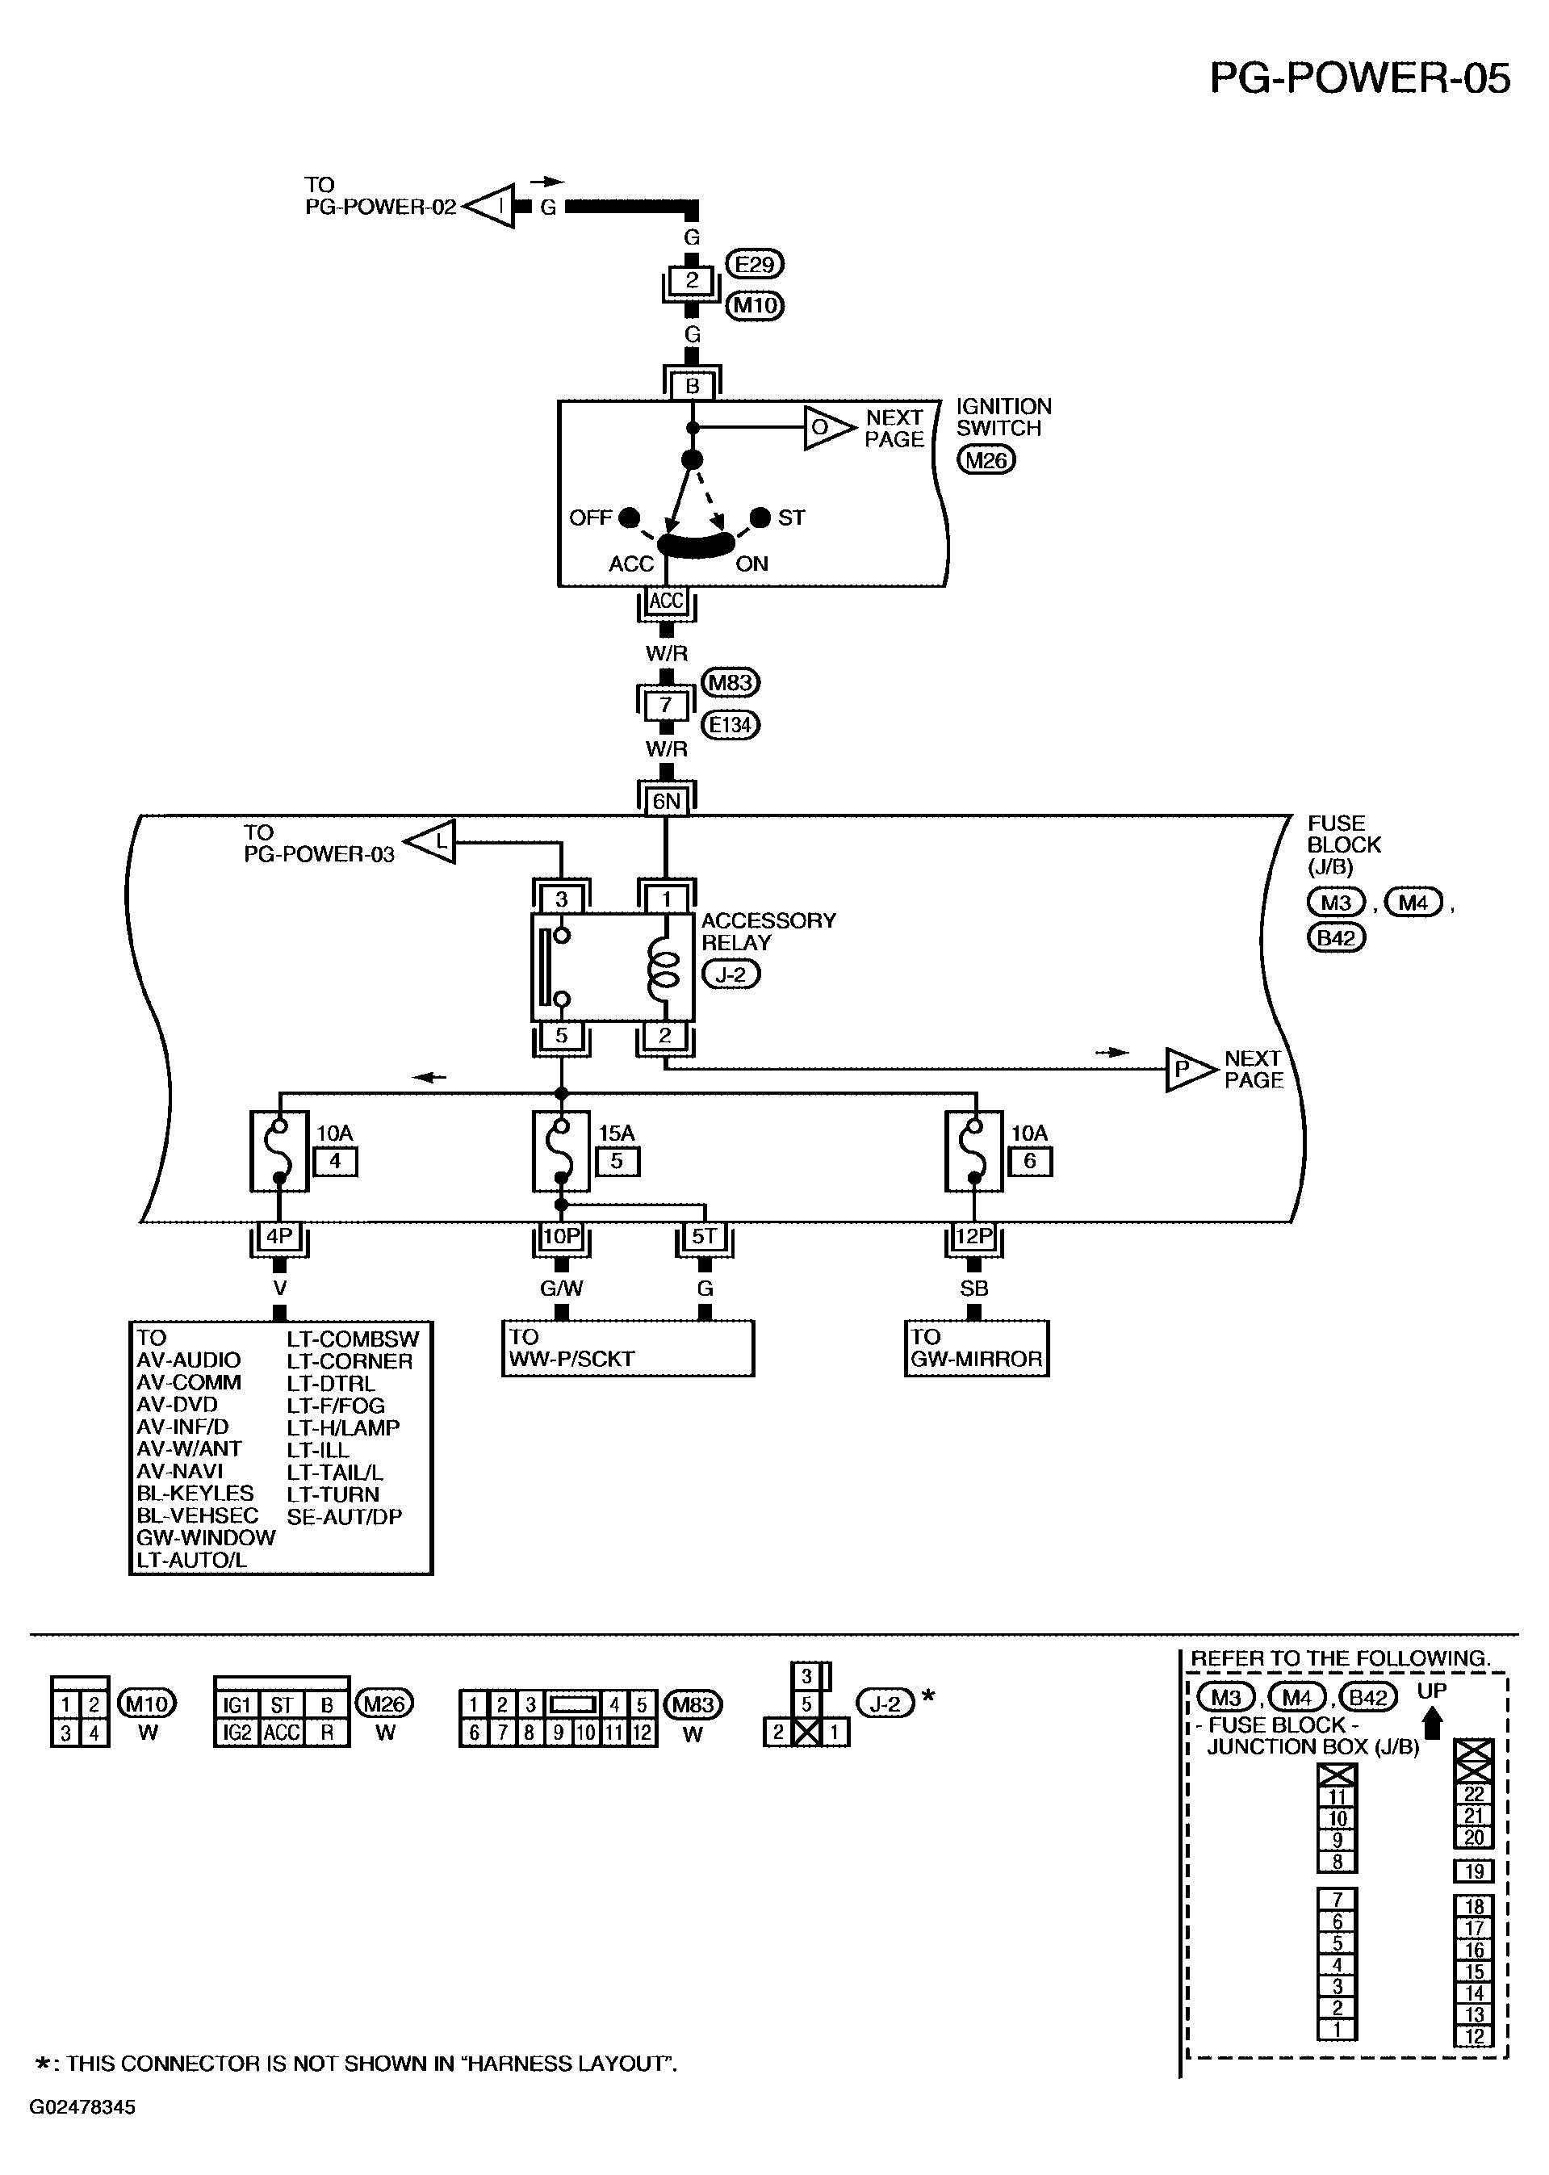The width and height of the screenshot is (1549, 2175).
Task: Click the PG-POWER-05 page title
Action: point(1359,78)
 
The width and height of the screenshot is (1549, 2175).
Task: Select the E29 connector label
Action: point(755,263)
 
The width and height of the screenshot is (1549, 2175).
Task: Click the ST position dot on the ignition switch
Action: point(760,517)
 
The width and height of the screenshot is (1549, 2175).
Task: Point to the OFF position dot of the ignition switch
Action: point(629,517)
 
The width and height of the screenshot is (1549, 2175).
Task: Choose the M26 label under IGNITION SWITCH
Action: point(986,460)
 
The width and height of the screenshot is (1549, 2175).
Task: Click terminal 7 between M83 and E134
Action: point(666,705)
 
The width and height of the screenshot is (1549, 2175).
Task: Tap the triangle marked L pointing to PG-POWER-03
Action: point(431,841)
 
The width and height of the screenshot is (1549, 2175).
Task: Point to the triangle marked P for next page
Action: point(1191,1070)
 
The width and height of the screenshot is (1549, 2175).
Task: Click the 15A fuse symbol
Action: point(562,1150)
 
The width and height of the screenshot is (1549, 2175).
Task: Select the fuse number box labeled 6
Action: point(1030,1162)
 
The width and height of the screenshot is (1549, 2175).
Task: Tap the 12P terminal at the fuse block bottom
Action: point(973,1236)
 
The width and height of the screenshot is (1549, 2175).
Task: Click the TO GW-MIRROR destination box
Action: point(977,1349)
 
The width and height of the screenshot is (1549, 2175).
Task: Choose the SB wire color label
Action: point(973,1288)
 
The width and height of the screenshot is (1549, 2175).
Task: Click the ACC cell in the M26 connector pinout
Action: point(283,1733)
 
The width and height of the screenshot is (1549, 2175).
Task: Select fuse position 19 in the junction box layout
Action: point(1474,1871)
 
